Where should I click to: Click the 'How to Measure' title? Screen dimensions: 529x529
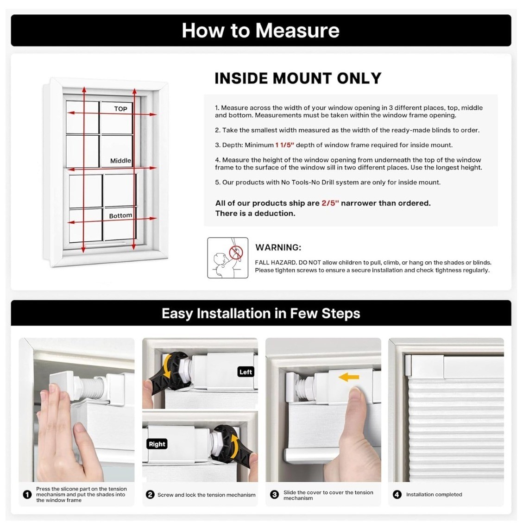pyautogui.click(x=260, y=31)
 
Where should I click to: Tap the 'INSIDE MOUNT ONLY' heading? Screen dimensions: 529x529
pyautogui.click(x=298, y=78)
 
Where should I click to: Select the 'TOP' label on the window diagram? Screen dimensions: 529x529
pyautogui.click(x=120, y=109)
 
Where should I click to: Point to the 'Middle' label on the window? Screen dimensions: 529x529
pyautogui.click(x=120, y=161)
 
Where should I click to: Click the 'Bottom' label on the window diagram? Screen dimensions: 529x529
pyautogui.click(x=120, y=215)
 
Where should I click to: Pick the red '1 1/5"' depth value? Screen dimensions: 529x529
pyautogui.click(x=285, y=145)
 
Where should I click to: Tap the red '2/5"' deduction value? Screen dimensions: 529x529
pyautogui.click(x=330, y=203)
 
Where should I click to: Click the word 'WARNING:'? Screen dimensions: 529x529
pyautogui.click(x=278, y=247)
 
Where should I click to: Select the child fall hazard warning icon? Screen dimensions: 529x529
pyautogui.click(x=228, y=258)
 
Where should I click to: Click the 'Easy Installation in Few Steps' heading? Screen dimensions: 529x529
pyautogui.click(x=261, y=314)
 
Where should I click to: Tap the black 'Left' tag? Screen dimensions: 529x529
pyautogui.click(x=246, y=372)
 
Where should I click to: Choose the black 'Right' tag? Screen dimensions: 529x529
pyautogui.click(x=157, y=444)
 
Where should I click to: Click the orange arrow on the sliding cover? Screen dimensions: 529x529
pyautogui.click(x=349, y=377)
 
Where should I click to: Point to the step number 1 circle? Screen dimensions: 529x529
pyautogui.click(x=27, y=495)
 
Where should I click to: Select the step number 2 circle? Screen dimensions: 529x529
pyautogui.click(x=150, y=495)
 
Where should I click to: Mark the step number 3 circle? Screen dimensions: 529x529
pyautogui.click(x=275, y=495)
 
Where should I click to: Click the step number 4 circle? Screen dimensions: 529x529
pyautogui.click(x=397, y=495)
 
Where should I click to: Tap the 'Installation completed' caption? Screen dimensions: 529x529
pyautogui.click(x=434, y=495)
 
